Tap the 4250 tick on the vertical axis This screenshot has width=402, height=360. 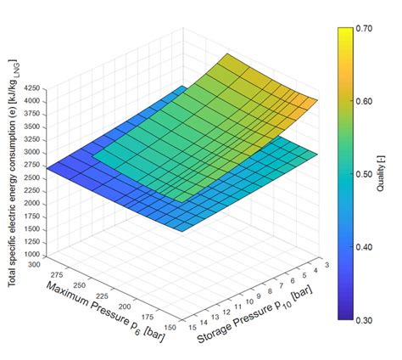pyautogui.click(x=33, y=88)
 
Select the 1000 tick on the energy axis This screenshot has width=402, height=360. pyautogui.click(x=33, y=255)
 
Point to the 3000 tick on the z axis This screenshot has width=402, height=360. pyautogui.click(x=33, y=152)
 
